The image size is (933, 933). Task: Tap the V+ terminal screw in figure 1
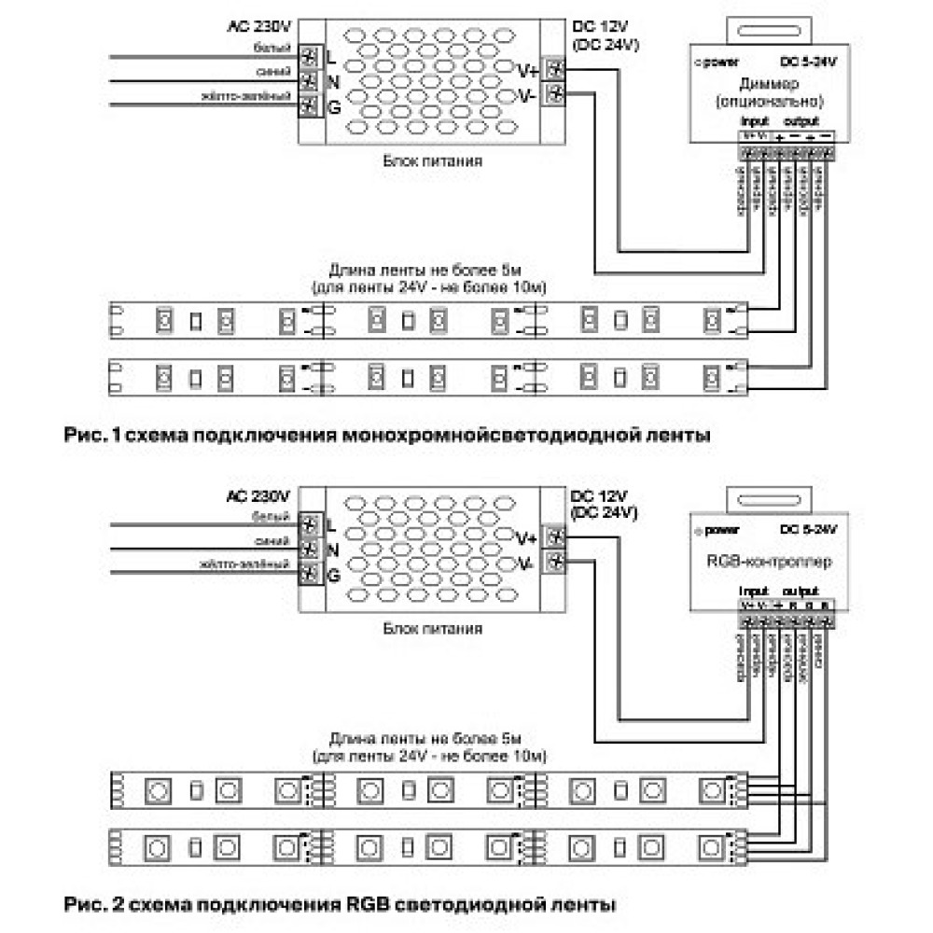point(557,69)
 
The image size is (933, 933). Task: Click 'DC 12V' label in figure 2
point(597,494)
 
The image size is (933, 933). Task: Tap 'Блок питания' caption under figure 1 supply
point(432,160)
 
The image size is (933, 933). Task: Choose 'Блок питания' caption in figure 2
point(432,629)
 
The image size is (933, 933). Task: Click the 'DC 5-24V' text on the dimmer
point(808,63)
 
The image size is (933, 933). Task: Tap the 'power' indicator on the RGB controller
point(719,530)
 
